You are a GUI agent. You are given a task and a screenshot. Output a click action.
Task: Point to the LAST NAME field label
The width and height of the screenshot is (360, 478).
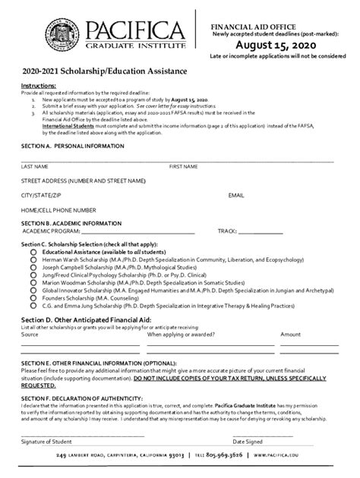coord(35,165)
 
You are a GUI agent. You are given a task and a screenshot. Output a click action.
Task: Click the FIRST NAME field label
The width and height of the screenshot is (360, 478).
coord(184,165)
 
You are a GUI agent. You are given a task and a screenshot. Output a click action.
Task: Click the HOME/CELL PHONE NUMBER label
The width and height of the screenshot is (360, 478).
coord(58,209)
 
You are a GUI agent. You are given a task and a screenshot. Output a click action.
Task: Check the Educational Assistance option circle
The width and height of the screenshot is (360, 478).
coord(33,252)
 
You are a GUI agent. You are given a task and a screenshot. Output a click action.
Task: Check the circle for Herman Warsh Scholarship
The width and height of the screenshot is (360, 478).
coord(33,260)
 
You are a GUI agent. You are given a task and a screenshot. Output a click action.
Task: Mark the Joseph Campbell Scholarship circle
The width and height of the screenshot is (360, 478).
coord(33,268)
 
